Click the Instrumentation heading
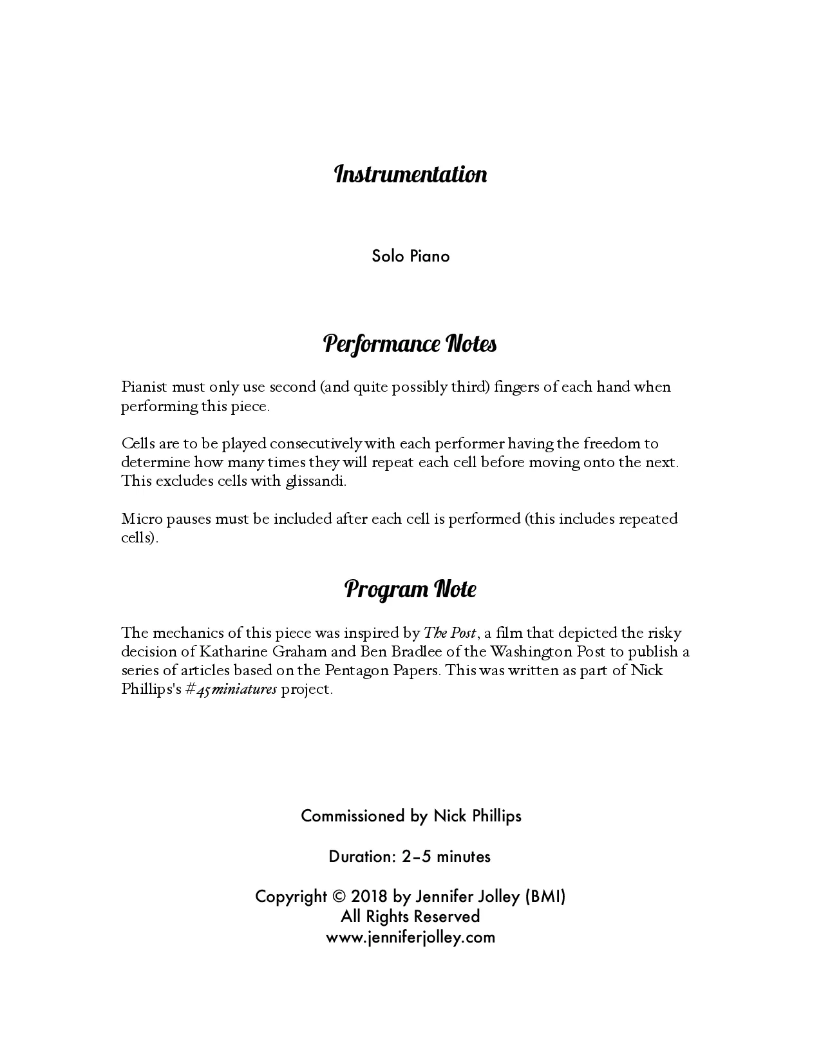[410, 175]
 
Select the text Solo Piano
[410, 256]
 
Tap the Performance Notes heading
[410, 344]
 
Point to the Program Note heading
[410, 589]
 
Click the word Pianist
[144, 387]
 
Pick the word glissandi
[316, 481]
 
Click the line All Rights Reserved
[410, 917]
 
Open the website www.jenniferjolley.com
[410, 937]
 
